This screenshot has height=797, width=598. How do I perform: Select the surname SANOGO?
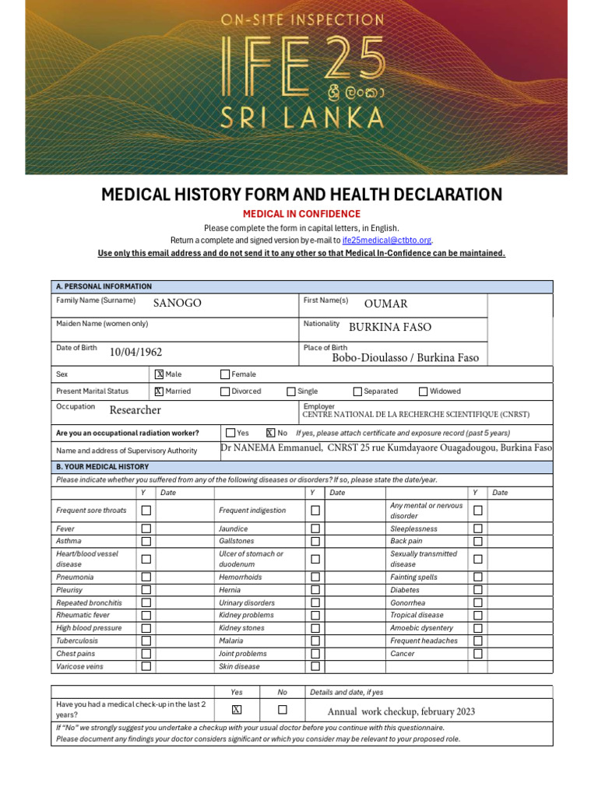click(x=177, y=304)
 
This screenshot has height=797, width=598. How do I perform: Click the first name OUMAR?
click(x=385, y=304)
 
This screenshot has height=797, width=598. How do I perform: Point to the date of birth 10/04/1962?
click(x=135, y=353)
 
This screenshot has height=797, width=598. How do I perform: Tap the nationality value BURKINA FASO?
click(x=389, y=328)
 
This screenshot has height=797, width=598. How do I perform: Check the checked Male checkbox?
click(x=159, y=374)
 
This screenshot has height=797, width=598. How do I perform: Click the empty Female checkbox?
click(x=225, y=374)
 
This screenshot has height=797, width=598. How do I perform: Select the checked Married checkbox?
click(x=159, y=391)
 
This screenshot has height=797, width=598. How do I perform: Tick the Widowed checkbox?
click(x=424, y=391)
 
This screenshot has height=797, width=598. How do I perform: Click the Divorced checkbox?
click(x=225, y=391)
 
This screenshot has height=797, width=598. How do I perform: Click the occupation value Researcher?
click(x=135, y=410)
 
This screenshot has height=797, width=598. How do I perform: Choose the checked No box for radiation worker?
click(x=270, y=433)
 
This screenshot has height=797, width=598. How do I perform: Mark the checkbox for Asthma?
click(x=146, y=541)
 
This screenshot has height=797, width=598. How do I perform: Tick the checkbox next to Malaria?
click(x=315, y=641)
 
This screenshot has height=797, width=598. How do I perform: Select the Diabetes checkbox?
click(x=478, y=590)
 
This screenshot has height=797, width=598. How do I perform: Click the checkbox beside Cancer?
click(x=478, y=654)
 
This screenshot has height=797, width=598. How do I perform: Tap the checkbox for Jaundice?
click(x=315, y=528)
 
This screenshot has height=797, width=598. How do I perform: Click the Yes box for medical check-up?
click(x=237, y=710)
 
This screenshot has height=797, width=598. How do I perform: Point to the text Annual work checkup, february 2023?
click(x=401, y=711)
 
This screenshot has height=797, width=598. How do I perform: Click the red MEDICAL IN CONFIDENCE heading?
click(x=301, y=214)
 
